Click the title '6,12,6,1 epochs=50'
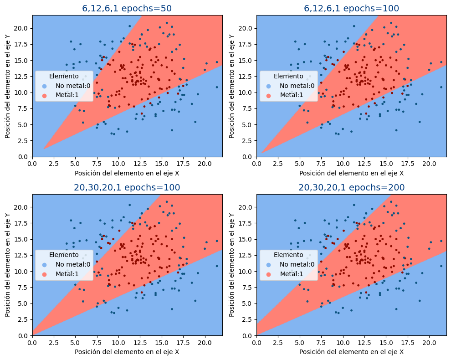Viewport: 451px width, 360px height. tap(127, 8)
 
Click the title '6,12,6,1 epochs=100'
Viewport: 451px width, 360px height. tap(351, 8)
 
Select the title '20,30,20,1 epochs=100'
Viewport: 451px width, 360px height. tap(127, 187)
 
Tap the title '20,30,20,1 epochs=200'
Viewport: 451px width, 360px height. tap(351, 187)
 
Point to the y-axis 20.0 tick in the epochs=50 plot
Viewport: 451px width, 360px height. tap(22, 28)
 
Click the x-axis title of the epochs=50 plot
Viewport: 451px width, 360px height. tap(127, 173)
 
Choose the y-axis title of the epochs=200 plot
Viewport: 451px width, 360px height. tap(232, 265)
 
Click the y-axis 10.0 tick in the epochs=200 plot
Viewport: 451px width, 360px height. tap(246, 271)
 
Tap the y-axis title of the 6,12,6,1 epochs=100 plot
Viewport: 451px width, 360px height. tap(232, 86)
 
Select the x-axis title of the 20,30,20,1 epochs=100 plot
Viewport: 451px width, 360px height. tap(127, 352)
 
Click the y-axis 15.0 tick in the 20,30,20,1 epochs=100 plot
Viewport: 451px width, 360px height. tap(22, 239)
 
